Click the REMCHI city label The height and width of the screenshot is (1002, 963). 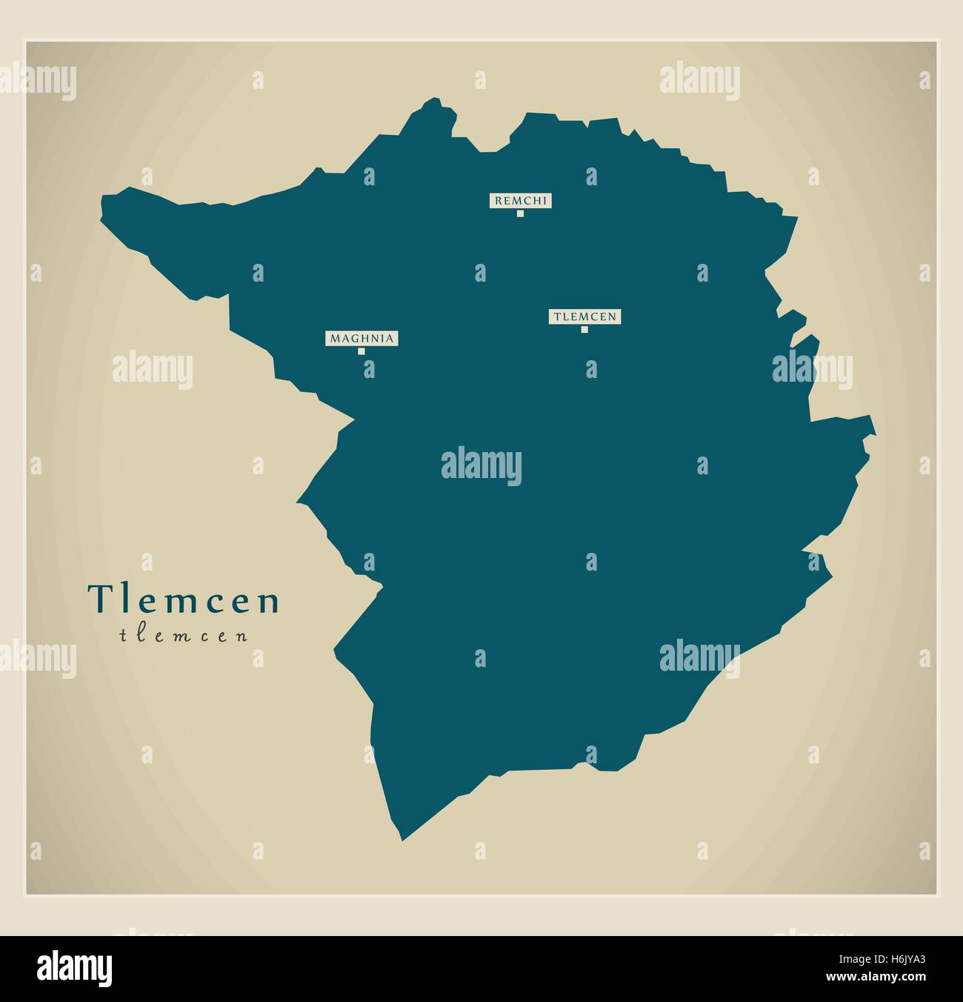coord(520,200)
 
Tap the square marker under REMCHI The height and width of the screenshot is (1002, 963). coord(520,213)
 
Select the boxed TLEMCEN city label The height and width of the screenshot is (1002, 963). coord(584,316)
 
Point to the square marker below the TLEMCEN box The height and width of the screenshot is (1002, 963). coord(584,330)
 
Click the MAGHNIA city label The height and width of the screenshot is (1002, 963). coord(361,339)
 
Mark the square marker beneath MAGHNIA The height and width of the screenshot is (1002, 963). coord(361,351)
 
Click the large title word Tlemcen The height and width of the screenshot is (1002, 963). coord(184,600)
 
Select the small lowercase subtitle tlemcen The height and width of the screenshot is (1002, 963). coord(184,635)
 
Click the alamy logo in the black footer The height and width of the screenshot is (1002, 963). coord(75,968)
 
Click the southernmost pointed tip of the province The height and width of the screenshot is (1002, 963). coord(402,840)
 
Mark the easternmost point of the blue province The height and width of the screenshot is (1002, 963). coord(875,430)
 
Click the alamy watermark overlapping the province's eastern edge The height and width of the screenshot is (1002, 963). coord(812,369)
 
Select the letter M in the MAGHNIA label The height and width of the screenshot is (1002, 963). coord(335,339)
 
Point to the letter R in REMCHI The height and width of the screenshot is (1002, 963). coord(498,200)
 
